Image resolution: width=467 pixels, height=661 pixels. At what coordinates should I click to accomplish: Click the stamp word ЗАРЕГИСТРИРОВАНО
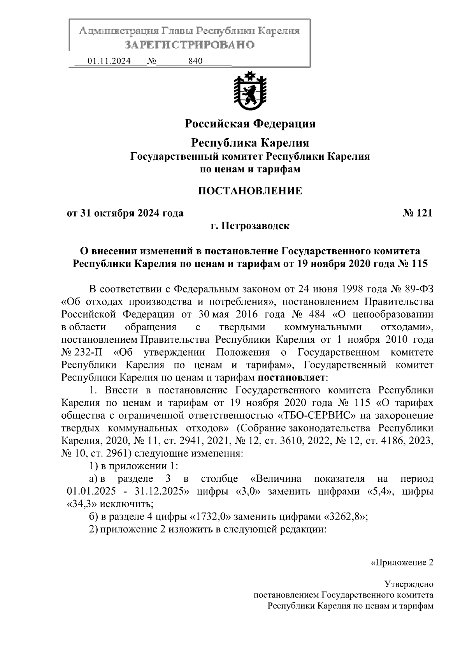(x=190, y=44)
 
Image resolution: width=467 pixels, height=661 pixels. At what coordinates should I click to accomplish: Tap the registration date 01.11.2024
(x=109, y=61)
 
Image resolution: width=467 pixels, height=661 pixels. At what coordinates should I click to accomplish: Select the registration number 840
(x=195, y=61)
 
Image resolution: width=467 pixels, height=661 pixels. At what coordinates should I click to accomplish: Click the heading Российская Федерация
(x=250, y=124)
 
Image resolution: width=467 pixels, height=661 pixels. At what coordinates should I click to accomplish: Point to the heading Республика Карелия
(x=250, y=143)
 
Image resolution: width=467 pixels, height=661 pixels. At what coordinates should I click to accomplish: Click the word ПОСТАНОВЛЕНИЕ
(x=250, y=191)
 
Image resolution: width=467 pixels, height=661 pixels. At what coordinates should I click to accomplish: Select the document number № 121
(x=417, y=213)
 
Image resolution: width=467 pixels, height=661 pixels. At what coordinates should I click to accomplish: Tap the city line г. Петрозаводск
(x=250, y=226)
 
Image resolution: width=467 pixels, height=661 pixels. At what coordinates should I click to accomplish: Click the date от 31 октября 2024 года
(x=125, y=213)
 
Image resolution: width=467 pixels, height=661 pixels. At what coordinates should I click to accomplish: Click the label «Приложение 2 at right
(x=401, y=563)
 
